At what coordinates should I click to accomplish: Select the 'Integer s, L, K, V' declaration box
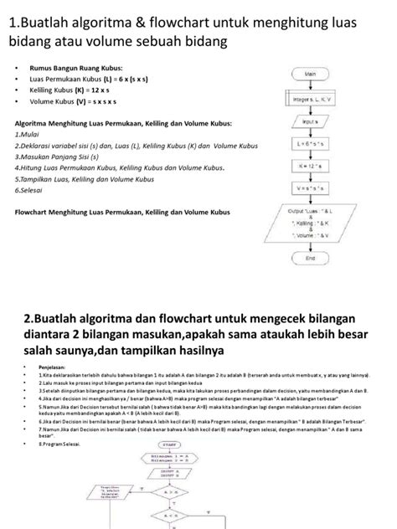tap(310, 100)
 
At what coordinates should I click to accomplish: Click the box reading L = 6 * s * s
tap(310, 144)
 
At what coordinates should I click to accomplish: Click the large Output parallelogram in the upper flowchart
tap(310, 225)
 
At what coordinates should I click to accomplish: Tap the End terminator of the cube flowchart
tap(310, 259)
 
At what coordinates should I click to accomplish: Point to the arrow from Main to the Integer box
tap(310, 86)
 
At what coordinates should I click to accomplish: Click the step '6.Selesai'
tap(32, 190)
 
